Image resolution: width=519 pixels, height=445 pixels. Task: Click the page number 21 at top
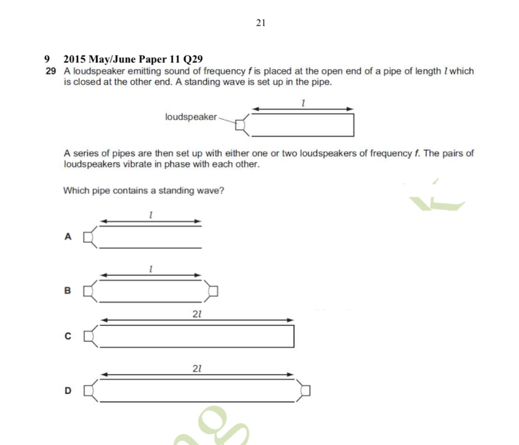(x=260, y=23)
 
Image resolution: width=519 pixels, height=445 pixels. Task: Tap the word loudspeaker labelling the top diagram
(x=191, y=117)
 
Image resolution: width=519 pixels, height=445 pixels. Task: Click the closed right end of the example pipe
(x=354, y=125)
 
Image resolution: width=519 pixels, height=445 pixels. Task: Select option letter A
(x=68, y=237)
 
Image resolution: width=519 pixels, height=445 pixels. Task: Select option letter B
(x=68, y=291)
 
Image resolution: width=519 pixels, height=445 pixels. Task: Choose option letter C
(x=68, y=336)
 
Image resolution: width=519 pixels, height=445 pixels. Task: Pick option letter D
(x=68, y=390)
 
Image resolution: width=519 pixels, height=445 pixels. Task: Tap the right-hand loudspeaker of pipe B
(x=212, y=291)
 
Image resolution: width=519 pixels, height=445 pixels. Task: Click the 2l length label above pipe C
(x=197, y=314)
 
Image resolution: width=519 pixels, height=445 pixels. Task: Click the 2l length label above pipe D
(x=197, y=368)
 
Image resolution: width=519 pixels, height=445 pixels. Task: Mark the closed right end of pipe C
(x=294, y=336)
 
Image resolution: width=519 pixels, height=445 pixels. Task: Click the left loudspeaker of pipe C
(x=91, y=336)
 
